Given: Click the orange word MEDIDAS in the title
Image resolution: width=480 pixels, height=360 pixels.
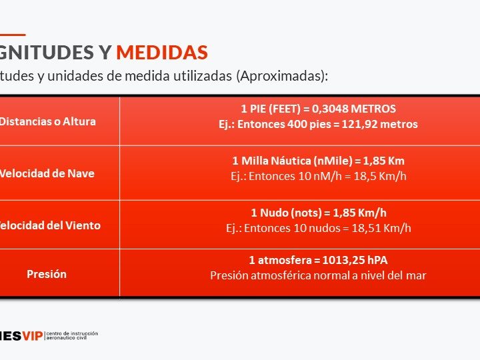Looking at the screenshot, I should pos(162,53).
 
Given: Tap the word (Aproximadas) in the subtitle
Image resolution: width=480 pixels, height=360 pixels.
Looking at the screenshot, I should pos(281,75).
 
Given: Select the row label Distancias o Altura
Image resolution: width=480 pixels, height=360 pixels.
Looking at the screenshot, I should pos(47,121).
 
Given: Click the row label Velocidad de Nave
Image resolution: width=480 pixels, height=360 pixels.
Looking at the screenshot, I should pos(47,173).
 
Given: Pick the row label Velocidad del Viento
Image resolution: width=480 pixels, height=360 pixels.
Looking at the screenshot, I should pos(51,225).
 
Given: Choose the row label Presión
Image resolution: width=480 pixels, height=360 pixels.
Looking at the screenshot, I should pos(47,274).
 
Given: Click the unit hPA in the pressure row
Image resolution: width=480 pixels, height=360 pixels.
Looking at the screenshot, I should pos(375,260).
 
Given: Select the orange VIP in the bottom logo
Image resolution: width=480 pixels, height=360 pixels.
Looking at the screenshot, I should pos(32,335).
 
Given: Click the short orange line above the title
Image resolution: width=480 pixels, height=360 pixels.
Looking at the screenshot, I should pos(13,35).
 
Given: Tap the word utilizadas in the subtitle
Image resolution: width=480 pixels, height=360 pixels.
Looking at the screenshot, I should pos(199,75).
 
